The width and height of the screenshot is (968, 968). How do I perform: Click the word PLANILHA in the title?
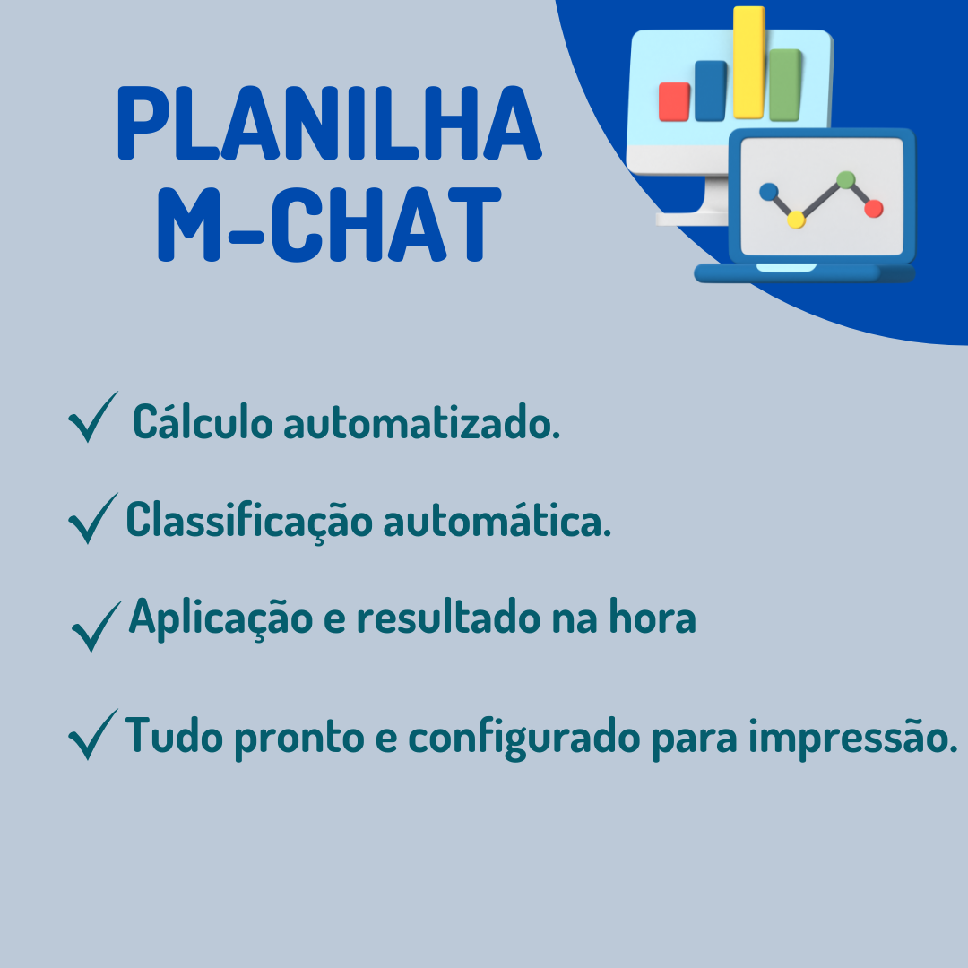(x=329, y=125)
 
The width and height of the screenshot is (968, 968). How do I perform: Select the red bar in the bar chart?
(x=674, y=101)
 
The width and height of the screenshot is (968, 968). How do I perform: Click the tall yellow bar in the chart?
(x=748, y=63)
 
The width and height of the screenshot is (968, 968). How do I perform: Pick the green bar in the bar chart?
(x=785, y=85)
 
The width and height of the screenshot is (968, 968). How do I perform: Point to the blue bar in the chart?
(x=711, y=91)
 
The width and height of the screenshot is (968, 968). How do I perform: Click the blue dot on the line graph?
(x=768, y=191)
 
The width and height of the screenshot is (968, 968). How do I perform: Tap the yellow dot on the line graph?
(x=795, y=220)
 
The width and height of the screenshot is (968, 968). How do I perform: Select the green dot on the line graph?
(x=845, y=179)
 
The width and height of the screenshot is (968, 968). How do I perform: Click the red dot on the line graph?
(x=874, y=209)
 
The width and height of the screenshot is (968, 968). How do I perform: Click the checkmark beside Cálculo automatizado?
(x=92, y=418)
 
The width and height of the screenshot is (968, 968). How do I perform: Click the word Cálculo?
(x=203, y=422)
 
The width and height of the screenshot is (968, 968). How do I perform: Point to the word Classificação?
(x=249, y=521)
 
